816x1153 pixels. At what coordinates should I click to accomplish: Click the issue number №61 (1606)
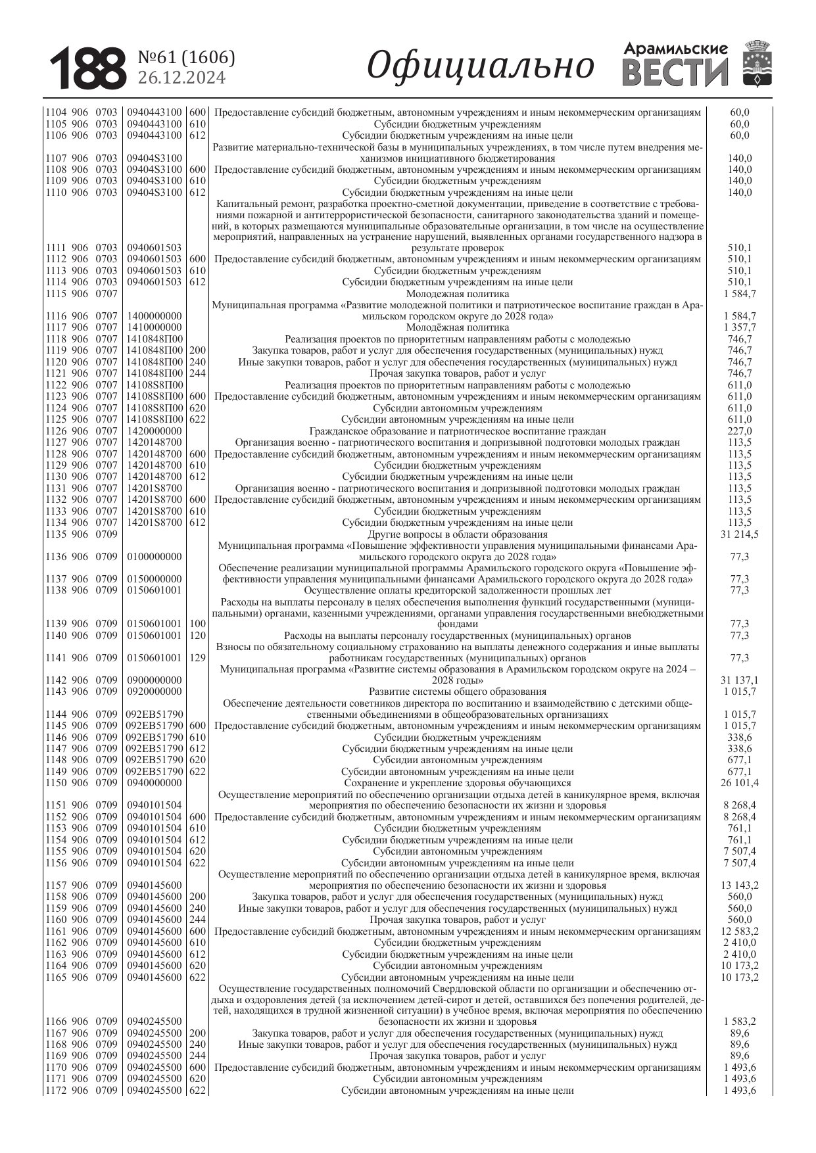click(x=186, y=58)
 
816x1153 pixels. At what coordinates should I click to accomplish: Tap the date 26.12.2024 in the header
click(x=181, y=78)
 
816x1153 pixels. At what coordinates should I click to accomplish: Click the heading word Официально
click(x=480, y=66)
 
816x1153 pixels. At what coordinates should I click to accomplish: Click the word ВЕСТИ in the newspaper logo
click(x=675, y=72)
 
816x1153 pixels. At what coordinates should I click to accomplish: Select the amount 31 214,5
click(x=739, y=534)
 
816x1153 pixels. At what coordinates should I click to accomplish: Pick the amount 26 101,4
click(x=739, y=783)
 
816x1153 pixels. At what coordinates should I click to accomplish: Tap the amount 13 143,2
click(x=739, y=885)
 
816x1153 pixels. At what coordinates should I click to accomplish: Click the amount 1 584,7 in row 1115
click(x=739, y=294)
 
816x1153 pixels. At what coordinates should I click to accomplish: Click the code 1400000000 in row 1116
click(x=155, y=316)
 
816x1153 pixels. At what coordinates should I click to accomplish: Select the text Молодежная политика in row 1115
click(x=457, y=294)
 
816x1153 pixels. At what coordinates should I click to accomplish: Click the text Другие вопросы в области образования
click(x=457, y=534)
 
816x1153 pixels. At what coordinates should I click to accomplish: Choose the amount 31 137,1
click(x=739, y=680)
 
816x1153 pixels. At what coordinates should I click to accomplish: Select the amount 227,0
click(x=739, y=431)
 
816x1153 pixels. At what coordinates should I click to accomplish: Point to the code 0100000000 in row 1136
click(x=155, y=557)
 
